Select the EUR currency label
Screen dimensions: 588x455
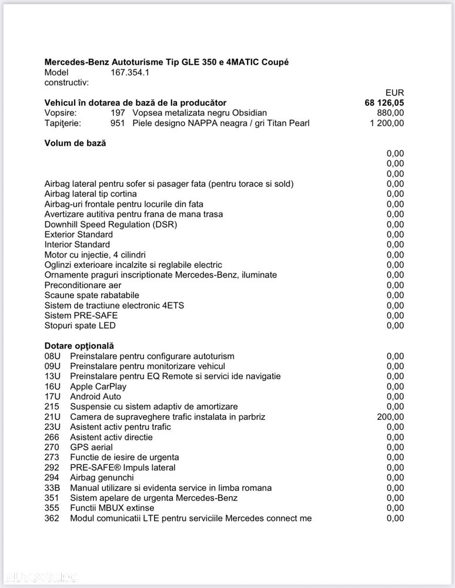click(394, 93)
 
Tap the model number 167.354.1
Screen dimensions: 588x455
click(130, 72)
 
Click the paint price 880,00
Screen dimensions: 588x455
click(390, 113)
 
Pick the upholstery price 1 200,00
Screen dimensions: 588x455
click(387, 123)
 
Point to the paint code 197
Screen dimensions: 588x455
click(118, 113)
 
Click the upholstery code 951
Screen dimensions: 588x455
click(118, 123)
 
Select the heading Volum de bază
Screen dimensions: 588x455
click(75, 143)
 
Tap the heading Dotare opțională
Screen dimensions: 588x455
click(79, 346)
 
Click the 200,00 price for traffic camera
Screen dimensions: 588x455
click(390, 417)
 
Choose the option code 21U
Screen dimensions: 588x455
click(52, 417)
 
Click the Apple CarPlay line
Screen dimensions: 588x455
click(98, 386)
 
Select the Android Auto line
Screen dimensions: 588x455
click(95, 396)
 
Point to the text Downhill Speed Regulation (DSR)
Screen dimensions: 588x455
click(111, 224)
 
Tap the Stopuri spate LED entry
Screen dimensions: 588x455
click(80, 325)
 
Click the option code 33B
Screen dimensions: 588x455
click(52, 487)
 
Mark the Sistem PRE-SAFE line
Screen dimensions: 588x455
click(81, 315)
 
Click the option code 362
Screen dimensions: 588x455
click(52, 518)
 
